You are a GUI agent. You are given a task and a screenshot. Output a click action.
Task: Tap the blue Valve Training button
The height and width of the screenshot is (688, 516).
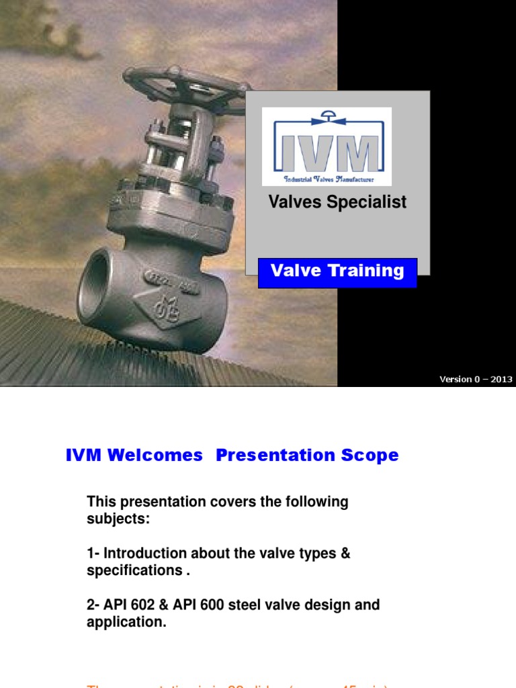tap(337, 271)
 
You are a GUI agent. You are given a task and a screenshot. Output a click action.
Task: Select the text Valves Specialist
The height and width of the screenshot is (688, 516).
tap(337, 202)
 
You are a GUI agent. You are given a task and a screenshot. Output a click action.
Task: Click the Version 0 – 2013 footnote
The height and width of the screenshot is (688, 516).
tap(476, 379)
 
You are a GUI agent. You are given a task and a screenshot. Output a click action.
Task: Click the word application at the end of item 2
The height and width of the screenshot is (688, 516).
tap(124, 621)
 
